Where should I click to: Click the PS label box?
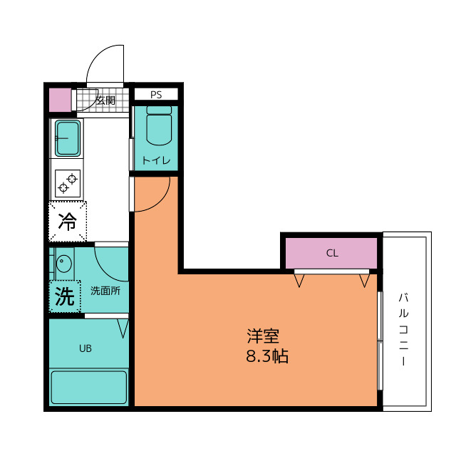coord(156,95)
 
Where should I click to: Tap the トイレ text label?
coord(156,160)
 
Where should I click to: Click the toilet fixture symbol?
coord(159,125)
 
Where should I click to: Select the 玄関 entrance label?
coord(105,100)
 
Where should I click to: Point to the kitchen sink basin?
coord(68,138)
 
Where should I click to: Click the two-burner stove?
coord(68,183)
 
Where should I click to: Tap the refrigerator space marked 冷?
coord(68,222)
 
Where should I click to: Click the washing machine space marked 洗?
coord(65,296)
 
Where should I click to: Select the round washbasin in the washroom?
coord(63,264)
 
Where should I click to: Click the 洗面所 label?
coord(105,291)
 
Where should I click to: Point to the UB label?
coord(85,348)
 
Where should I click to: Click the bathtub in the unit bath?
coord(88,387)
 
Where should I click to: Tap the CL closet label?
coord(332,253)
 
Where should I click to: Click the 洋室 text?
coord(263,336)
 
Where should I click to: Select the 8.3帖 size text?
coord(267,356)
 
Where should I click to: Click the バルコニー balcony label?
coord(403,329)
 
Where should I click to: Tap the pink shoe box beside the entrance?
coord(60,100)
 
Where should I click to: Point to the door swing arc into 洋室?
coord(160,201)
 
